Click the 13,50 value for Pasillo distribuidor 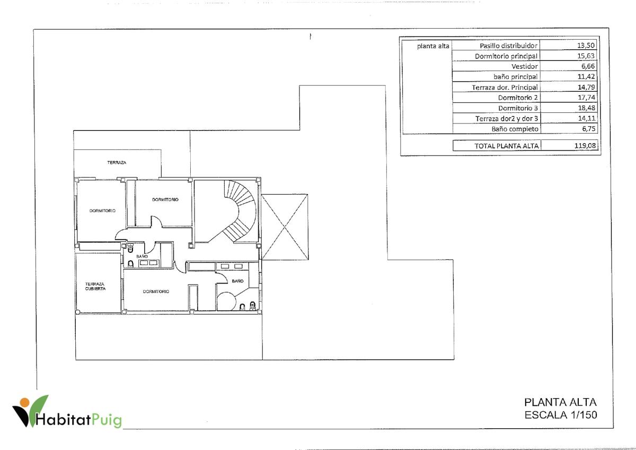pos(586,46)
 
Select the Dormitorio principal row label pos(506,56)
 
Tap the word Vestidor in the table pos(524,66)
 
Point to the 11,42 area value pos(586,76)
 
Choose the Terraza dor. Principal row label pos(505,87)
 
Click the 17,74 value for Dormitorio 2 pos(587,98)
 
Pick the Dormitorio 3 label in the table pos(518,108)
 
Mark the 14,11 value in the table pos(587,118)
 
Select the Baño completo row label pos(515,129)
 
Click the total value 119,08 pos(585,146)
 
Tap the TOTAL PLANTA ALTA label pos(506,146)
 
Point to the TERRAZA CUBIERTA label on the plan pos(95,286)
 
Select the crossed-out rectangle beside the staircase pos(285,227)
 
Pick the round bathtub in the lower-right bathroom pos(226,301)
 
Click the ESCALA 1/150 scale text pos(561,415)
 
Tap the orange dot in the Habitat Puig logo pos(25,402)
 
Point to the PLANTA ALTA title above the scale pos(560,402)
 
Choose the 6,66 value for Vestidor pos(588,66)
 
